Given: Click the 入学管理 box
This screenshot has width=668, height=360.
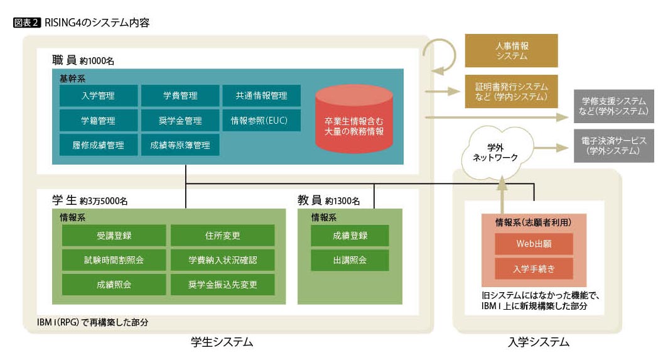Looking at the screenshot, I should (x=99, y=95).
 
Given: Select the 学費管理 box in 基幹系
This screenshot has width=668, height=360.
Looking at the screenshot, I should (x=180, y=95).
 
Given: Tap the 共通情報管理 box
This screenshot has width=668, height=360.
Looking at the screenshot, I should (x=261, y=95).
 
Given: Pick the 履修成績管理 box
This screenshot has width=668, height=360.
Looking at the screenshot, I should (x=99, y=145).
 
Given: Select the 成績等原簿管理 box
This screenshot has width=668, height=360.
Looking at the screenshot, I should (x=180, y=145).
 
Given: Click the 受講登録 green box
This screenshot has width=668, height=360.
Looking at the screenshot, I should (x=114, y=236).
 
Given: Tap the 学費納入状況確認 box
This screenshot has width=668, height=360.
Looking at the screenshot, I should (x=222, y=259).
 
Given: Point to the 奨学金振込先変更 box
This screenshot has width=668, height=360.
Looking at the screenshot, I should (x=222, y=284).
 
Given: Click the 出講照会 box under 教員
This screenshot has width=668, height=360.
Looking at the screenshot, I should (x=350, y=259).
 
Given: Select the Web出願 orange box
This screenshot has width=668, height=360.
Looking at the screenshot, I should (x=534, y=244).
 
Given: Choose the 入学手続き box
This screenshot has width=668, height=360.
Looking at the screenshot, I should (x=534, y=268).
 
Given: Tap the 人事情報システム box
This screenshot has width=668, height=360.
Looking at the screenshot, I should (x=511, y=50).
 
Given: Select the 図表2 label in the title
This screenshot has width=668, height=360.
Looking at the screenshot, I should (x=26, y=23).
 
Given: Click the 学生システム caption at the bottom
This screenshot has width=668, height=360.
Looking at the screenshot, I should (x=222, y=342).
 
